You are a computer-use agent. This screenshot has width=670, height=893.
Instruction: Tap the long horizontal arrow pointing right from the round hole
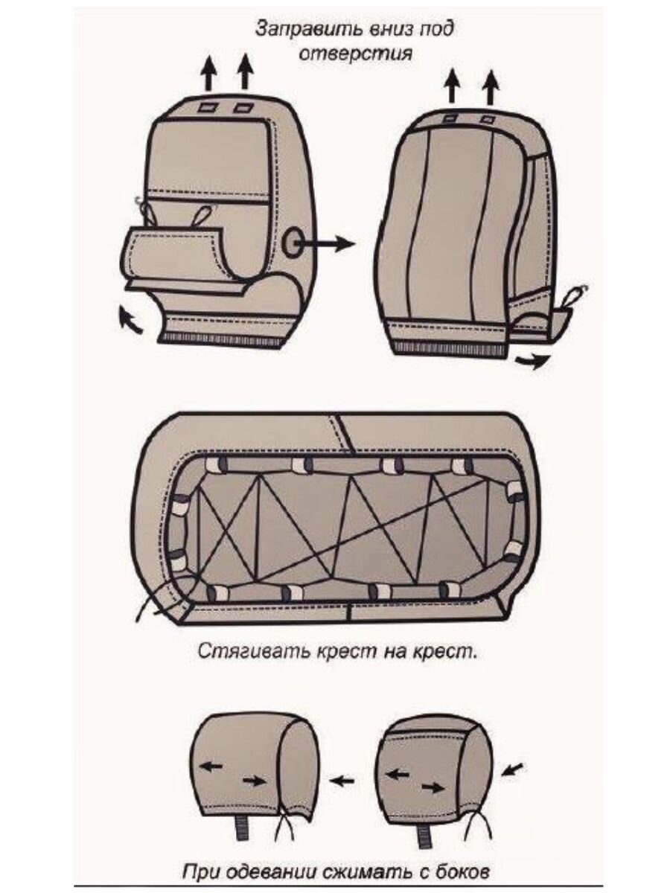pyautogui.click(x=328, y=243)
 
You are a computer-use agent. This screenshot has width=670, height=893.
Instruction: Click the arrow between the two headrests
pyautogui.click(x=342, y=781)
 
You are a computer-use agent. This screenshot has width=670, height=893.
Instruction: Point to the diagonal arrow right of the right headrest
pyautogui.click(x=513, y=767)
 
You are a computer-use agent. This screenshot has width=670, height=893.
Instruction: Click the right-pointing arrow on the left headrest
pyautogui.click(x=253, y=781)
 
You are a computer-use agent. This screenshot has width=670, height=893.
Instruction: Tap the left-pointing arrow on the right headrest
pyautogui.click(x=398, y=774)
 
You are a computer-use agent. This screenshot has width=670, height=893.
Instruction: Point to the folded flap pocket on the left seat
pyautogui.click(x=175, y=253)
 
